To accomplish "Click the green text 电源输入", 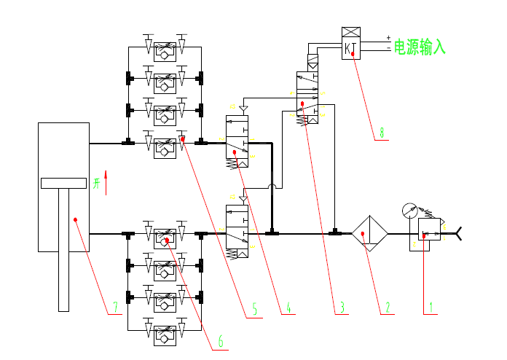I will click(x=419, y=48).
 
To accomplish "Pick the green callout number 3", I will click(x=340, y=308).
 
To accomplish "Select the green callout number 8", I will click(x=380, y=133).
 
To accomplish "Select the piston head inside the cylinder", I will click(x=63, y=183).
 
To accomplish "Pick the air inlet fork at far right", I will click(x=459, y=234).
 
